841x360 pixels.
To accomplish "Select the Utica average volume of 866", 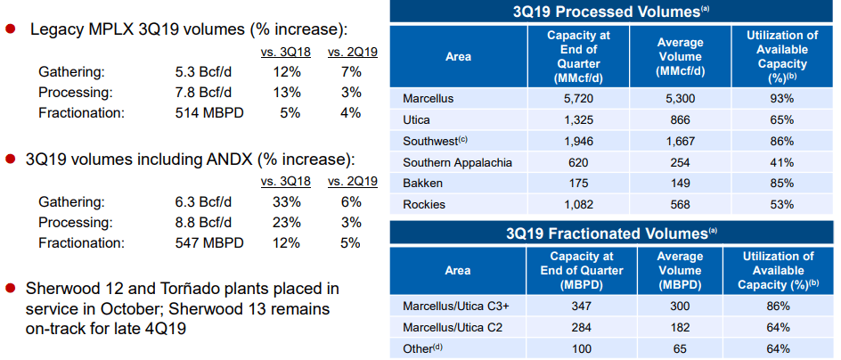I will tap(680, 119).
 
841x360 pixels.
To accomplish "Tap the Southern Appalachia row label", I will tap(457, 162).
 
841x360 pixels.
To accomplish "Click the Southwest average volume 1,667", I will tap(680, 141).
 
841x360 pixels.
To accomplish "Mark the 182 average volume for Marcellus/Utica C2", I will tap(680, 327).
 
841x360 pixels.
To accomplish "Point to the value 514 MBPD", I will tap(209, 113).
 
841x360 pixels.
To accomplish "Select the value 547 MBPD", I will tap(209, 241).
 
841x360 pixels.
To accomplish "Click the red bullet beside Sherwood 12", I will tap(11, 289).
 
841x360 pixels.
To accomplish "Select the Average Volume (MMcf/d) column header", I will tap(680, 53).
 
